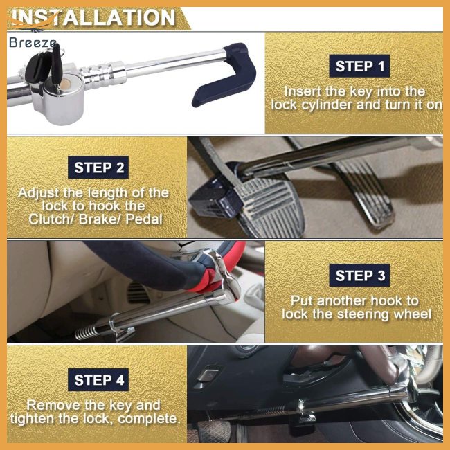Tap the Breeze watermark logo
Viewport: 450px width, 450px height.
coord(33,44)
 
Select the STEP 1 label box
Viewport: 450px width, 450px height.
coord(359,66)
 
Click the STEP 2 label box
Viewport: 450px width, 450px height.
coord(99,168)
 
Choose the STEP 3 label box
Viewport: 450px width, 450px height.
coord(359,276)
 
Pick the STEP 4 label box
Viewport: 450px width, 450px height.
coord(99,380)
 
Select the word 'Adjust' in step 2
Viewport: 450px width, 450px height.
coord(41,192)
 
